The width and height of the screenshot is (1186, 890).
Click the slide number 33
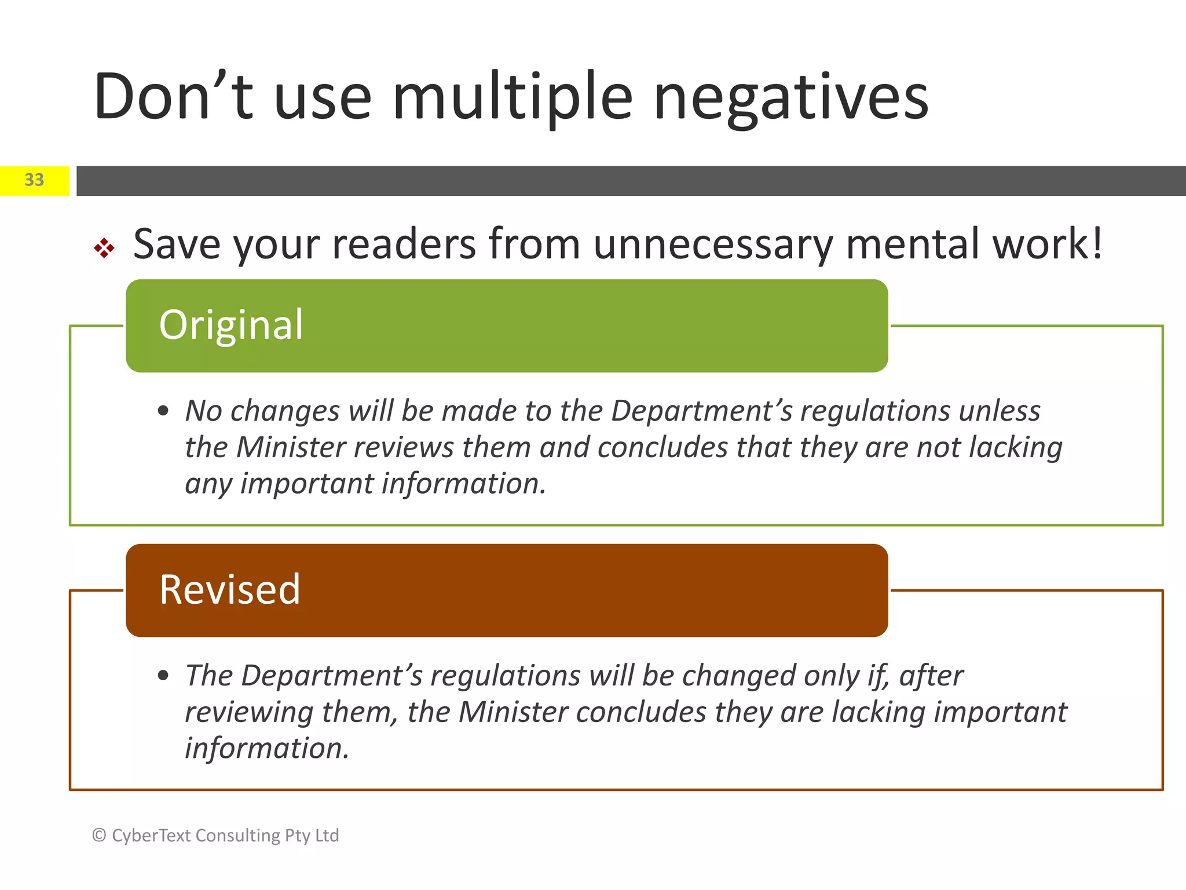34,180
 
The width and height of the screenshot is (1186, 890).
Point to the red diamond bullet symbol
104,248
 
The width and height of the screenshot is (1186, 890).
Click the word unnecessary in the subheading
713,245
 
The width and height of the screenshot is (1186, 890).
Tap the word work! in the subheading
1048,243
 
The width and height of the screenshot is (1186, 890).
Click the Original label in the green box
231,326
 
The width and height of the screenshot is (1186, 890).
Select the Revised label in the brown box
230,590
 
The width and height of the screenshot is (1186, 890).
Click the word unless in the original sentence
1000,411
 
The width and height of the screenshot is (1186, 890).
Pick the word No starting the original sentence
204,411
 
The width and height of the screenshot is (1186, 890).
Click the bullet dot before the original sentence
163,411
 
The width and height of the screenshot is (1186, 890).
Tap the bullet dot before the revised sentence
163,676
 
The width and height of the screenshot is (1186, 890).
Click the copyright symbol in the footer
99,835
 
